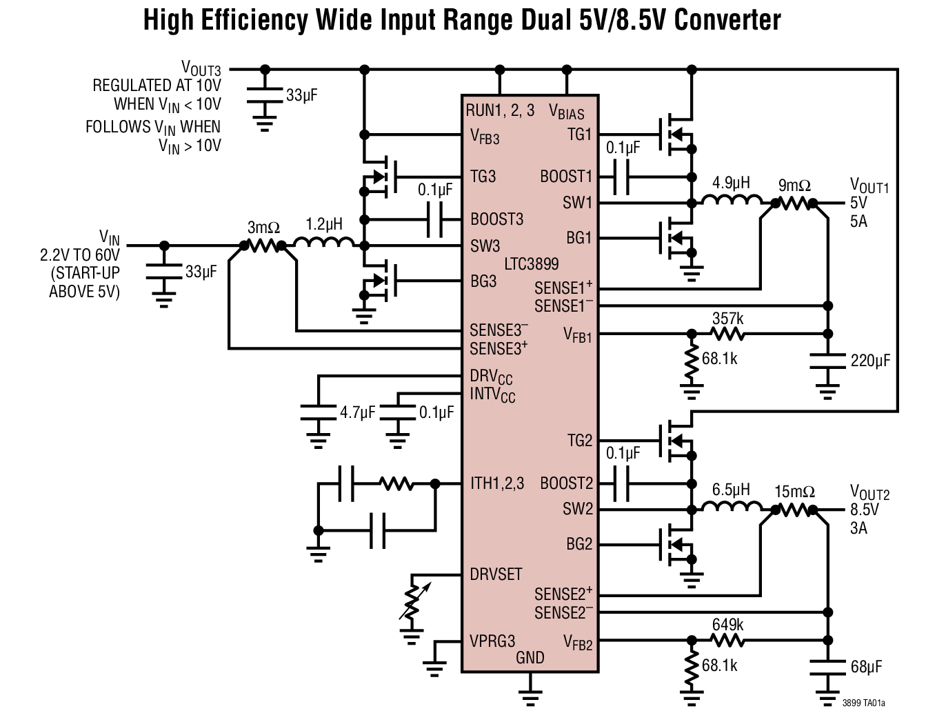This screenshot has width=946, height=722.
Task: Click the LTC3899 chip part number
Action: (x=531, y=264)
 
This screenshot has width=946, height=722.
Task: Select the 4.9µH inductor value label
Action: (x=731, y=183)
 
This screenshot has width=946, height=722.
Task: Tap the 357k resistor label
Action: (x=728, y=319)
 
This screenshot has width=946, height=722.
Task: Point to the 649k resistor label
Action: (x=728, y=625)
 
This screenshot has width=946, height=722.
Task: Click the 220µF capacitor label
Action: (x=870, y=361)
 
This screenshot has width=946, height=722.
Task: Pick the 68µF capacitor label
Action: (x=866, y=667)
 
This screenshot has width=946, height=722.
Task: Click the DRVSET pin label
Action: (x=496, y=574)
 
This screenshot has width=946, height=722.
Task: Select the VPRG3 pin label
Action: (x=492, y=641)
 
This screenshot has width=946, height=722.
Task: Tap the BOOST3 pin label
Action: (x=496, y=219)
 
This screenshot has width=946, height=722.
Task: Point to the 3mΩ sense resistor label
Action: (x=263, y=227)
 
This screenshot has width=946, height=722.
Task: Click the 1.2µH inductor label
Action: (x=324, y=225)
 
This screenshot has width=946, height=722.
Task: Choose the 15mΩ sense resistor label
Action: (x=794, y=492)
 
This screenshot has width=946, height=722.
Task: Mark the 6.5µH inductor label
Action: (x=731, y=490)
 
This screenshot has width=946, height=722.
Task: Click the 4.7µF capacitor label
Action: (x=357, y=412)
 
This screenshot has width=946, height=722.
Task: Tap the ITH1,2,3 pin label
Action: (x=496, y=483)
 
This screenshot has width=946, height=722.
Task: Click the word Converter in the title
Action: (x=727, y=21)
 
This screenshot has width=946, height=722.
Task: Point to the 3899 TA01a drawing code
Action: (x=863, y=703)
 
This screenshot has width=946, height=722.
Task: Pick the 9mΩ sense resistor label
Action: (x=794, y=185)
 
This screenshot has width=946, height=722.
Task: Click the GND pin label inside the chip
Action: (x=530, y=658)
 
